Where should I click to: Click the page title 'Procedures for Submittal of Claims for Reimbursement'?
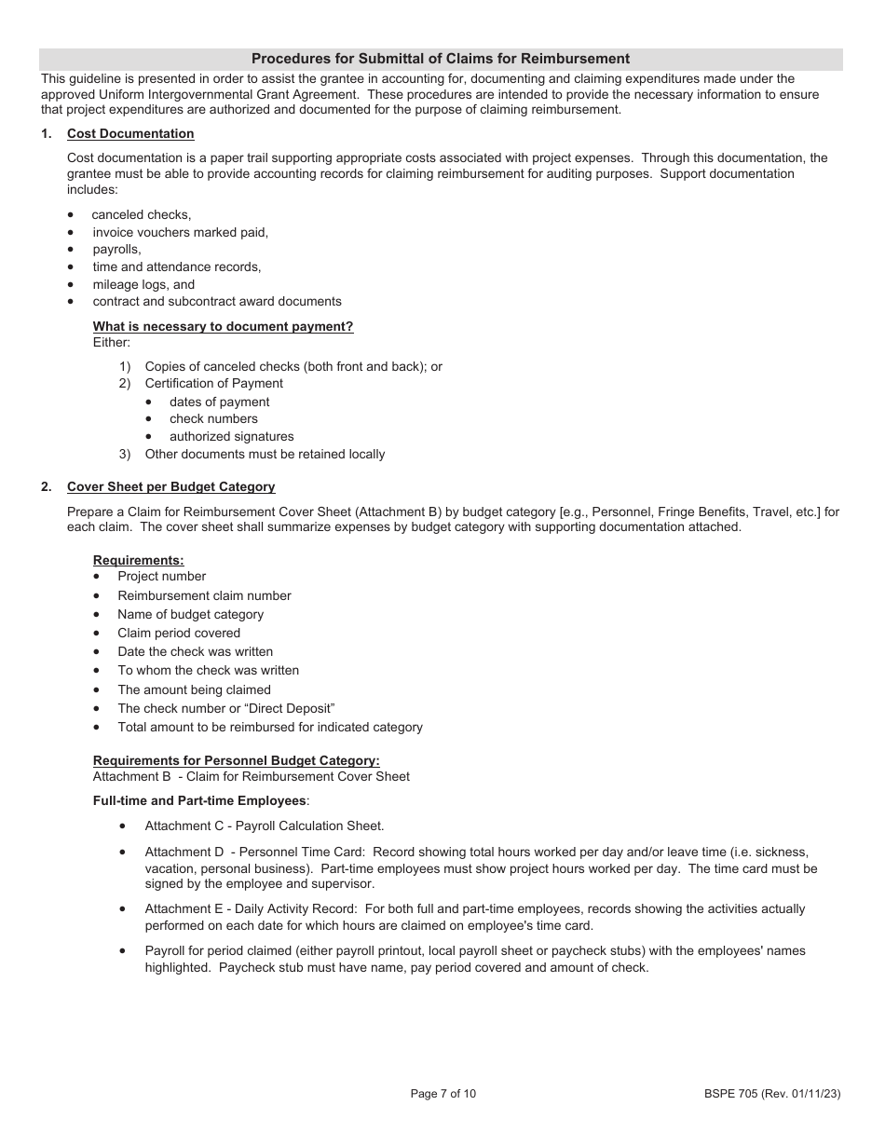coord(441,59)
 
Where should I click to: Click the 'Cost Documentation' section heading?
coord(130,134)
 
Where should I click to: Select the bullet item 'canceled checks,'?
coord(141,214)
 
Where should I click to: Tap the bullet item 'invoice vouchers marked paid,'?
coord(180,232)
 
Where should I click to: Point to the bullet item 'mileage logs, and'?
coord(143,284)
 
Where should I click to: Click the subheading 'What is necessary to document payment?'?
coord(223,326)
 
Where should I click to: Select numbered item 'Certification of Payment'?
coord(213,383)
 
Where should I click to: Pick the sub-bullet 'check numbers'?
coord(213,418)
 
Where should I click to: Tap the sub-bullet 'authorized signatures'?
coord(231,436)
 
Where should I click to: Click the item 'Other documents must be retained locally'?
coord(265,454)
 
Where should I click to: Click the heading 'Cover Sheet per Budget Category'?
coord(170,486)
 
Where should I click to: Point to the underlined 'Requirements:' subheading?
coord(138,560)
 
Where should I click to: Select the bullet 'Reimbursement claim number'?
coord(204,595)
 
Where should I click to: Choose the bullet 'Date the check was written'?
coord(195,651)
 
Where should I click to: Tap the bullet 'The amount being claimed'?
coord(194,689)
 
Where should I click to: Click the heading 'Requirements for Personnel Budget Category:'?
coord(236,760)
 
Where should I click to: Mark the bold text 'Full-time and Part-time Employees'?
coord(199,800)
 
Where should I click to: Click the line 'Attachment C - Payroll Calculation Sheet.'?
coord(264,825)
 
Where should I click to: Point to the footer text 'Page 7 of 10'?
coord(442,1094)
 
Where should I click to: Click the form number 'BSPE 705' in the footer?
coord(733,1094)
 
